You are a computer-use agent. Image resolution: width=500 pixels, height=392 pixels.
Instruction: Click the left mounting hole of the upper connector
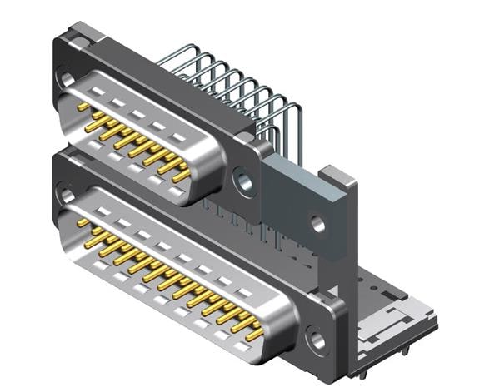pos(67,79)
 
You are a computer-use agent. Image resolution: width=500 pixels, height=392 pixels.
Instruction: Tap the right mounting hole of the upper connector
pos(244,181)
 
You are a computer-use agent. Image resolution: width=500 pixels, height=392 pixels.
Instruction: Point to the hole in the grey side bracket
pos(317,224)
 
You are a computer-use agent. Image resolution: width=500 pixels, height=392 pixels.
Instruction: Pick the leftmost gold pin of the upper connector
pos(83,107)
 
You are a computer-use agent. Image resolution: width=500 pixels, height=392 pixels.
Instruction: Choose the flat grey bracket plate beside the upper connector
pos(300,204)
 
